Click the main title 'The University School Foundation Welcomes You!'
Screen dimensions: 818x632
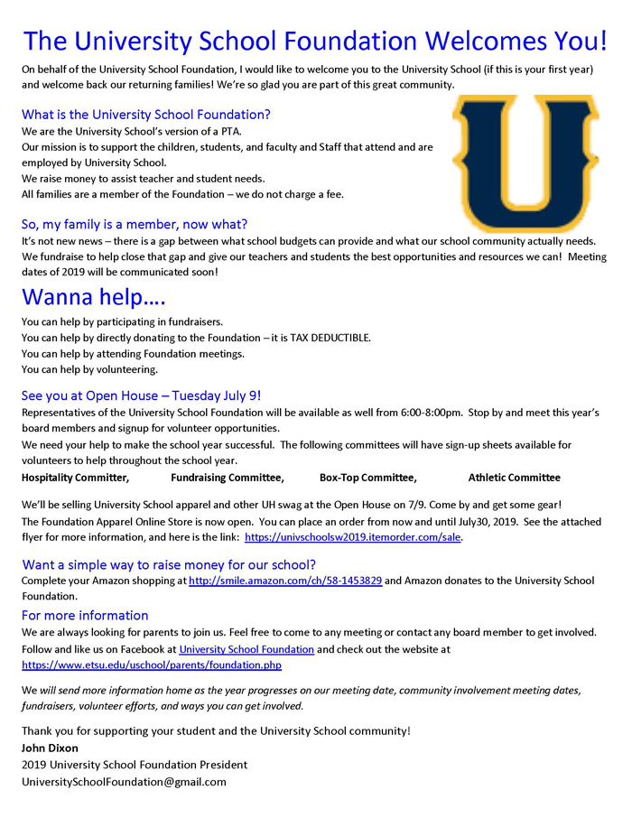[x=315, y=41]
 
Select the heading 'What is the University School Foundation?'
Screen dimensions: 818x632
[x=145, y=115]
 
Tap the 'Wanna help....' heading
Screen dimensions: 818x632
[x=94, y=297]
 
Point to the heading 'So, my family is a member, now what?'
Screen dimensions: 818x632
[x=135, y=224]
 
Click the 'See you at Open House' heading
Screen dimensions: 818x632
[x=141, y=395]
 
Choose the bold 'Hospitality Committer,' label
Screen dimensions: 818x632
[x=76, y=478]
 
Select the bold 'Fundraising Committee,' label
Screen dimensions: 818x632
[x=228, y=478]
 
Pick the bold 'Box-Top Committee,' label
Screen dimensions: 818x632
[x=368, y=478]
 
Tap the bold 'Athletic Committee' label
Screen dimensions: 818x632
[x=514, y=478]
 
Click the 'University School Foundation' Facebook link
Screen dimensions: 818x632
[x=246, y=649]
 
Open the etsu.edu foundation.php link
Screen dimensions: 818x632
[x=152, y=665]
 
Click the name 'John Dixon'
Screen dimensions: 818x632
[x=50, y=748]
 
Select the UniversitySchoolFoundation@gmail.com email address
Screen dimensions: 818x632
[x=124, y=782]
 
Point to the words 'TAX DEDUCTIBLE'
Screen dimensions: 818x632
[x=330, y=338]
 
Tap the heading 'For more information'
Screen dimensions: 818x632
[x=85, y=616]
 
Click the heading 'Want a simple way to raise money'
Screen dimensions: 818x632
[x=169, y=565]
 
